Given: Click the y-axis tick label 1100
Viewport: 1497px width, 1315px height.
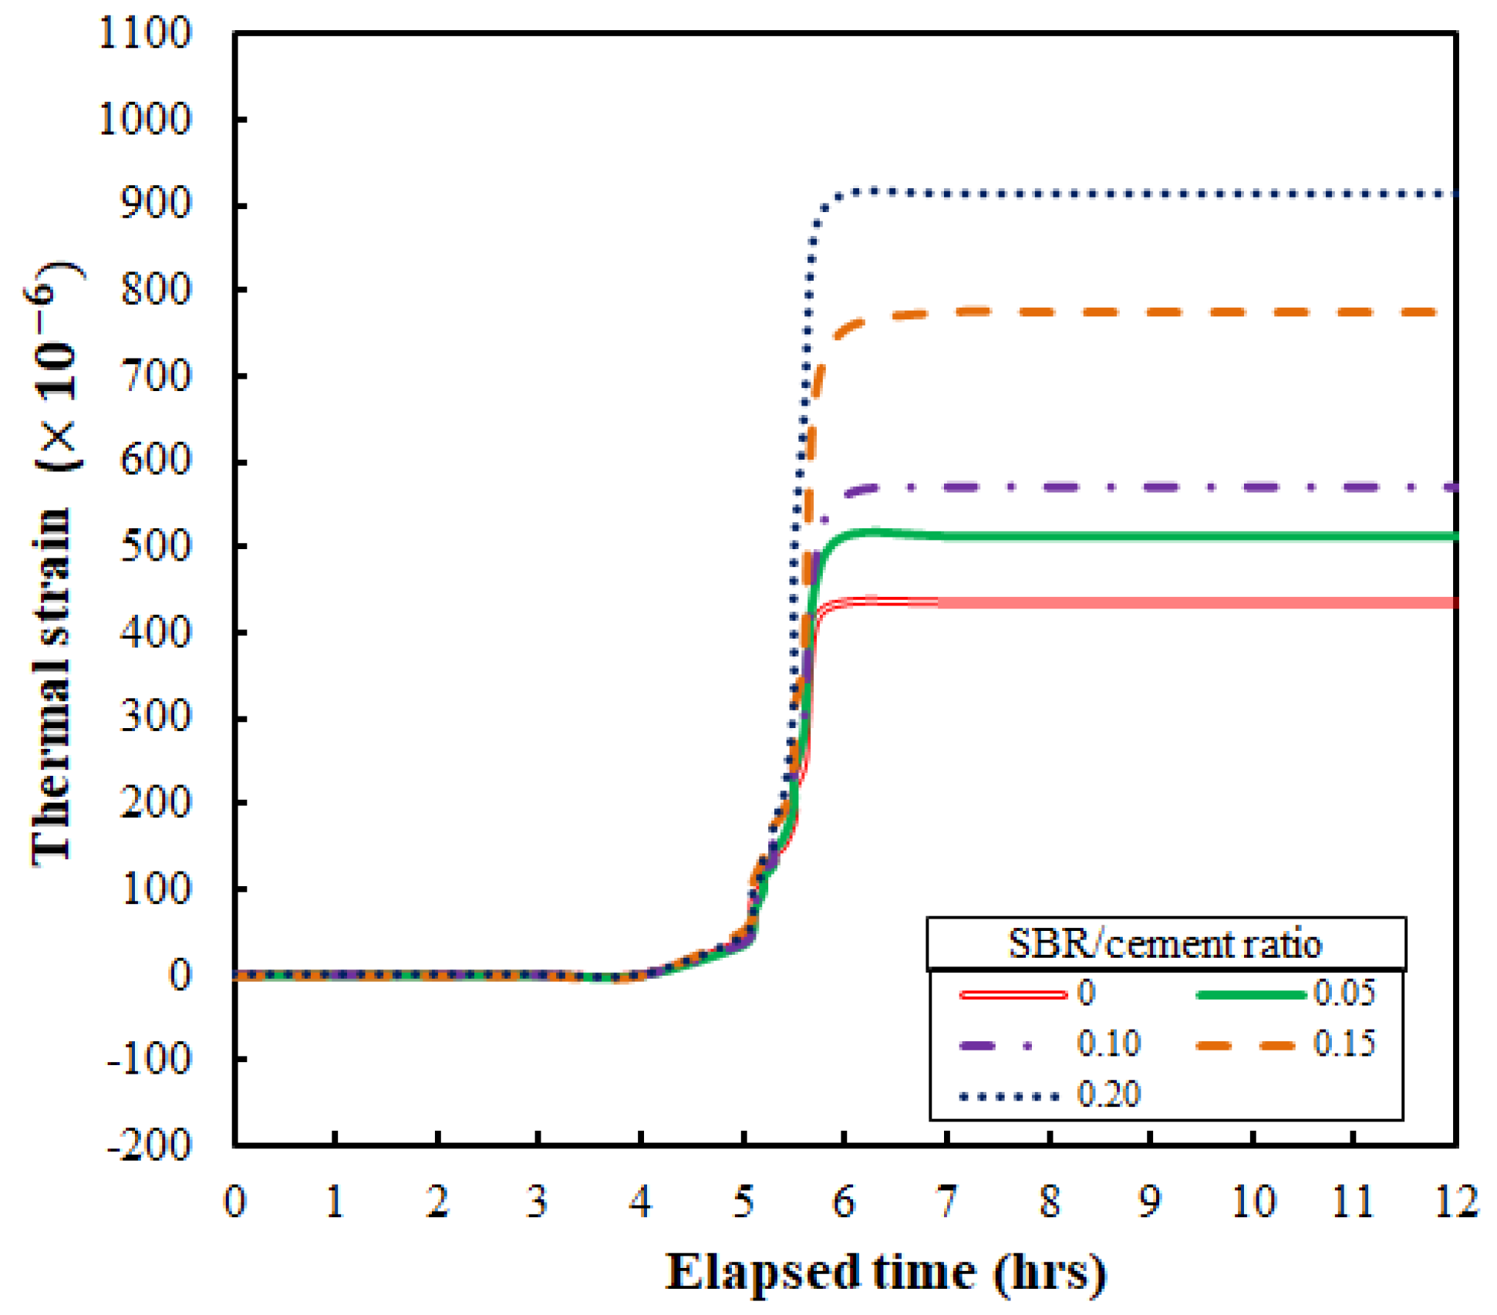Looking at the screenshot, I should point(144,35).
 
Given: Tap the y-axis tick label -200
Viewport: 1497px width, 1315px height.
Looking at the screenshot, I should point(148,1145).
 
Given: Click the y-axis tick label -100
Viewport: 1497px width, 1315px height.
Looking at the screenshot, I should point(148,1060).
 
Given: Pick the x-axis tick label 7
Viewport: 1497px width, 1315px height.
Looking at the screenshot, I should point(946,1202).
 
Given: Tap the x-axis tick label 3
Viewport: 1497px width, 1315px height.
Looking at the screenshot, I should point(538,1202).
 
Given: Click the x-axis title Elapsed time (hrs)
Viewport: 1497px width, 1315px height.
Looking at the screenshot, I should point(885,1273).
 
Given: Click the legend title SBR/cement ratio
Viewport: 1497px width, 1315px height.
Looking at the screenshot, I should point(1165,944).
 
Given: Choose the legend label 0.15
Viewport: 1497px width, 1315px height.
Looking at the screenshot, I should point(1344,1044).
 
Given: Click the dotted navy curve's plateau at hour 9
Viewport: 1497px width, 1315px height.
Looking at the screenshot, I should point(1150,194).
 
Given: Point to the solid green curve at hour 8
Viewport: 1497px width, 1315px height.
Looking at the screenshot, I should point(1049,537).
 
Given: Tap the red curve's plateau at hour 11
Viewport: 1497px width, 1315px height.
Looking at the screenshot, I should point(1354,602).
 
